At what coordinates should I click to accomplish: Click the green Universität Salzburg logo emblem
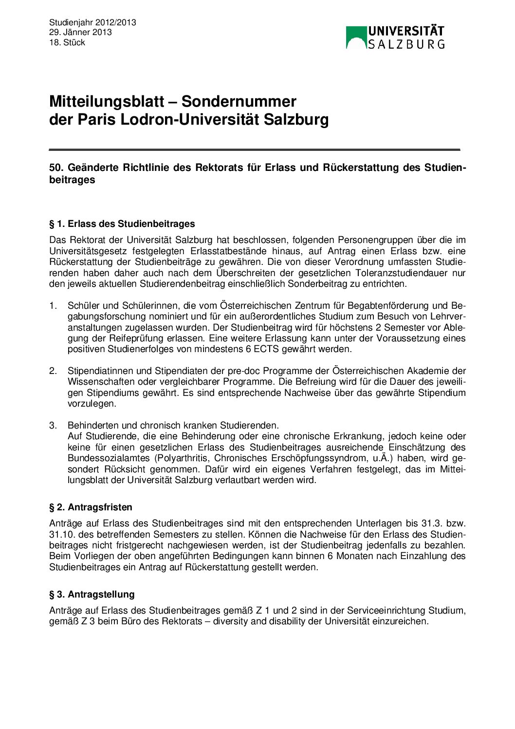356,37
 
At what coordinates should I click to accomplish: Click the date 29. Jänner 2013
80,32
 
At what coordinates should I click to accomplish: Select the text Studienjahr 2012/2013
92,22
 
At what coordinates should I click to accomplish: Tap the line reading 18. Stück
67,42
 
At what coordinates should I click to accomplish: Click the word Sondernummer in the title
239,101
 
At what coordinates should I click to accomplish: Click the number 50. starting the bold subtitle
56,168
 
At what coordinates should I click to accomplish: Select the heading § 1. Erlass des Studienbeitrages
122,224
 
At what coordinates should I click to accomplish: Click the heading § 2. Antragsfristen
91,507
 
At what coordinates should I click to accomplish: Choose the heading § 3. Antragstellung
92,595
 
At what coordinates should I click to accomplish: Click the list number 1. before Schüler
53,306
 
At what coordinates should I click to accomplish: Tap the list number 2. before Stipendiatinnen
53,371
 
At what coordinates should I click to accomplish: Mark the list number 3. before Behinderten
53,426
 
